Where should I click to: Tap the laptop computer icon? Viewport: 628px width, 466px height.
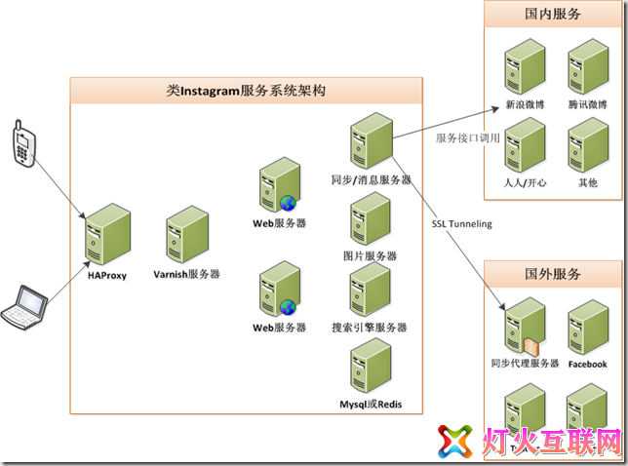(24, 307)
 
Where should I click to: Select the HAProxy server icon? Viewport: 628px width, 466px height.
(107, 234)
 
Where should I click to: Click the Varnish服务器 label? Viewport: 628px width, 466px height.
(186, 274)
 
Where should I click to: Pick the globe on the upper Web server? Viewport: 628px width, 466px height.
(288, 204)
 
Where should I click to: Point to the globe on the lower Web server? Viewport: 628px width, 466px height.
(288, 307)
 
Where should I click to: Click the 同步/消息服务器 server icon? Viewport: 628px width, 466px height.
(372, 141)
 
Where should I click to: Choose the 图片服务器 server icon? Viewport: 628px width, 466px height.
(371, 218)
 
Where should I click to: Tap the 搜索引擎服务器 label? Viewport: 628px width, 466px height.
(370, 328)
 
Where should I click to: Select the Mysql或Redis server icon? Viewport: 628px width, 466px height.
(371, 366)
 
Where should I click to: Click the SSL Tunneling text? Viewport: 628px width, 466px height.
(462, 224)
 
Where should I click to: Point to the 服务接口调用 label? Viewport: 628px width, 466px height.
(467, 138)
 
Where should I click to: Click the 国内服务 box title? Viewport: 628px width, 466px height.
(553, 14)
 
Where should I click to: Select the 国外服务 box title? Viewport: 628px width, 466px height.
(553, 274)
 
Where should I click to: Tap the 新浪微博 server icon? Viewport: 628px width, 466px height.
(525, 66)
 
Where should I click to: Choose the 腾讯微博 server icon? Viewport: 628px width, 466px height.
(588, 66)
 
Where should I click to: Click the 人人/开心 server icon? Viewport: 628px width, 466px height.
(525, 145)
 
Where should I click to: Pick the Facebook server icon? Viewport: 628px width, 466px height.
(588, 328)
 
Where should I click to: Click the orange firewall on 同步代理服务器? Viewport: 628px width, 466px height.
(531, 347)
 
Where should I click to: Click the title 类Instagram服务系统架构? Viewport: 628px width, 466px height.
(246, 91)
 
